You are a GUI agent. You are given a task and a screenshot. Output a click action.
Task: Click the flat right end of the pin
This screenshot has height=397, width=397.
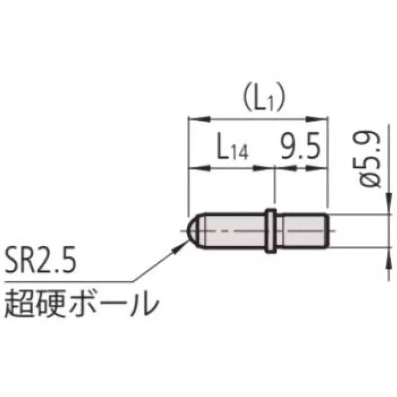pyautogui.click(x=327, y=231)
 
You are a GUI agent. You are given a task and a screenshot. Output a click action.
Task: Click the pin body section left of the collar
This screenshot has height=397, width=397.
pyautogui.click(x=233, y=231)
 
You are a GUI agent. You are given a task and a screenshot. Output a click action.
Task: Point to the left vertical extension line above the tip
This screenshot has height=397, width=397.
pyautogui.click(x=189, y=164)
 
